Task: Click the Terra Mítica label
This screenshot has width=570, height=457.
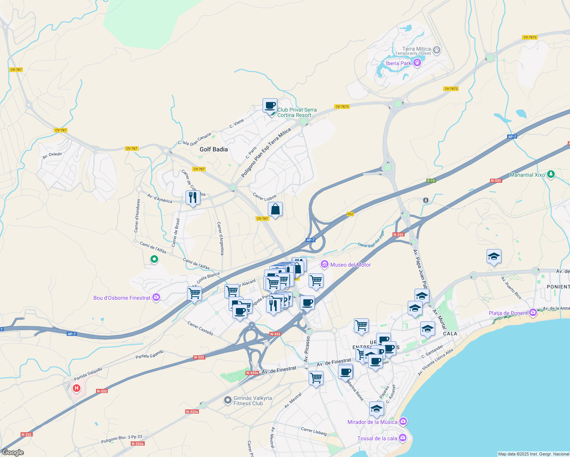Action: (416, 49)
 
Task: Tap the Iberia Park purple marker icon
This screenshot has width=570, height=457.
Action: (417, 63)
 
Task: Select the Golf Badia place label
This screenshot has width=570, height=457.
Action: (213, 149)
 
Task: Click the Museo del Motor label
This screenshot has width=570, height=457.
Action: (351, 265)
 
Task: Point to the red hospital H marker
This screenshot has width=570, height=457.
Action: (77, 388)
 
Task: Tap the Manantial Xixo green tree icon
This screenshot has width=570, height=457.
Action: (551, 174)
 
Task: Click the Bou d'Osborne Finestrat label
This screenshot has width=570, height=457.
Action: (122, 298)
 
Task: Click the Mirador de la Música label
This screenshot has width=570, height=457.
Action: (372, 422)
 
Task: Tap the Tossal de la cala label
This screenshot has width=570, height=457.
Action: (377, 438)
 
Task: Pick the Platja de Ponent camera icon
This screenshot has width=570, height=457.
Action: (533, 313)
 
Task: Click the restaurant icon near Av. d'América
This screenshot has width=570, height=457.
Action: (193, 197)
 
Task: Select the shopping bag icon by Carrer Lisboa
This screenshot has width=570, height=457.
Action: (275, 209)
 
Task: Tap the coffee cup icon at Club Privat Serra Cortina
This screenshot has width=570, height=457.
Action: (270, 105)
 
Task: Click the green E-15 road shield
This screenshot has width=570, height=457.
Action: (431, 181)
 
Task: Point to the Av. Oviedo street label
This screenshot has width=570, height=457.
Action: (52, 155)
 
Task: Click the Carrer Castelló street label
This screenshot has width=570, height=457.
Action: (200, 328)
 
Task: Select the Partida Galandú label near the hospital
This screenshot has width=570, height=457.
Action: (88, 374)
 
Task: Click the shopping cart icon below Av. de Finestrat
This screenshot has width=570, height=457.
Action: (316, 378)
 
